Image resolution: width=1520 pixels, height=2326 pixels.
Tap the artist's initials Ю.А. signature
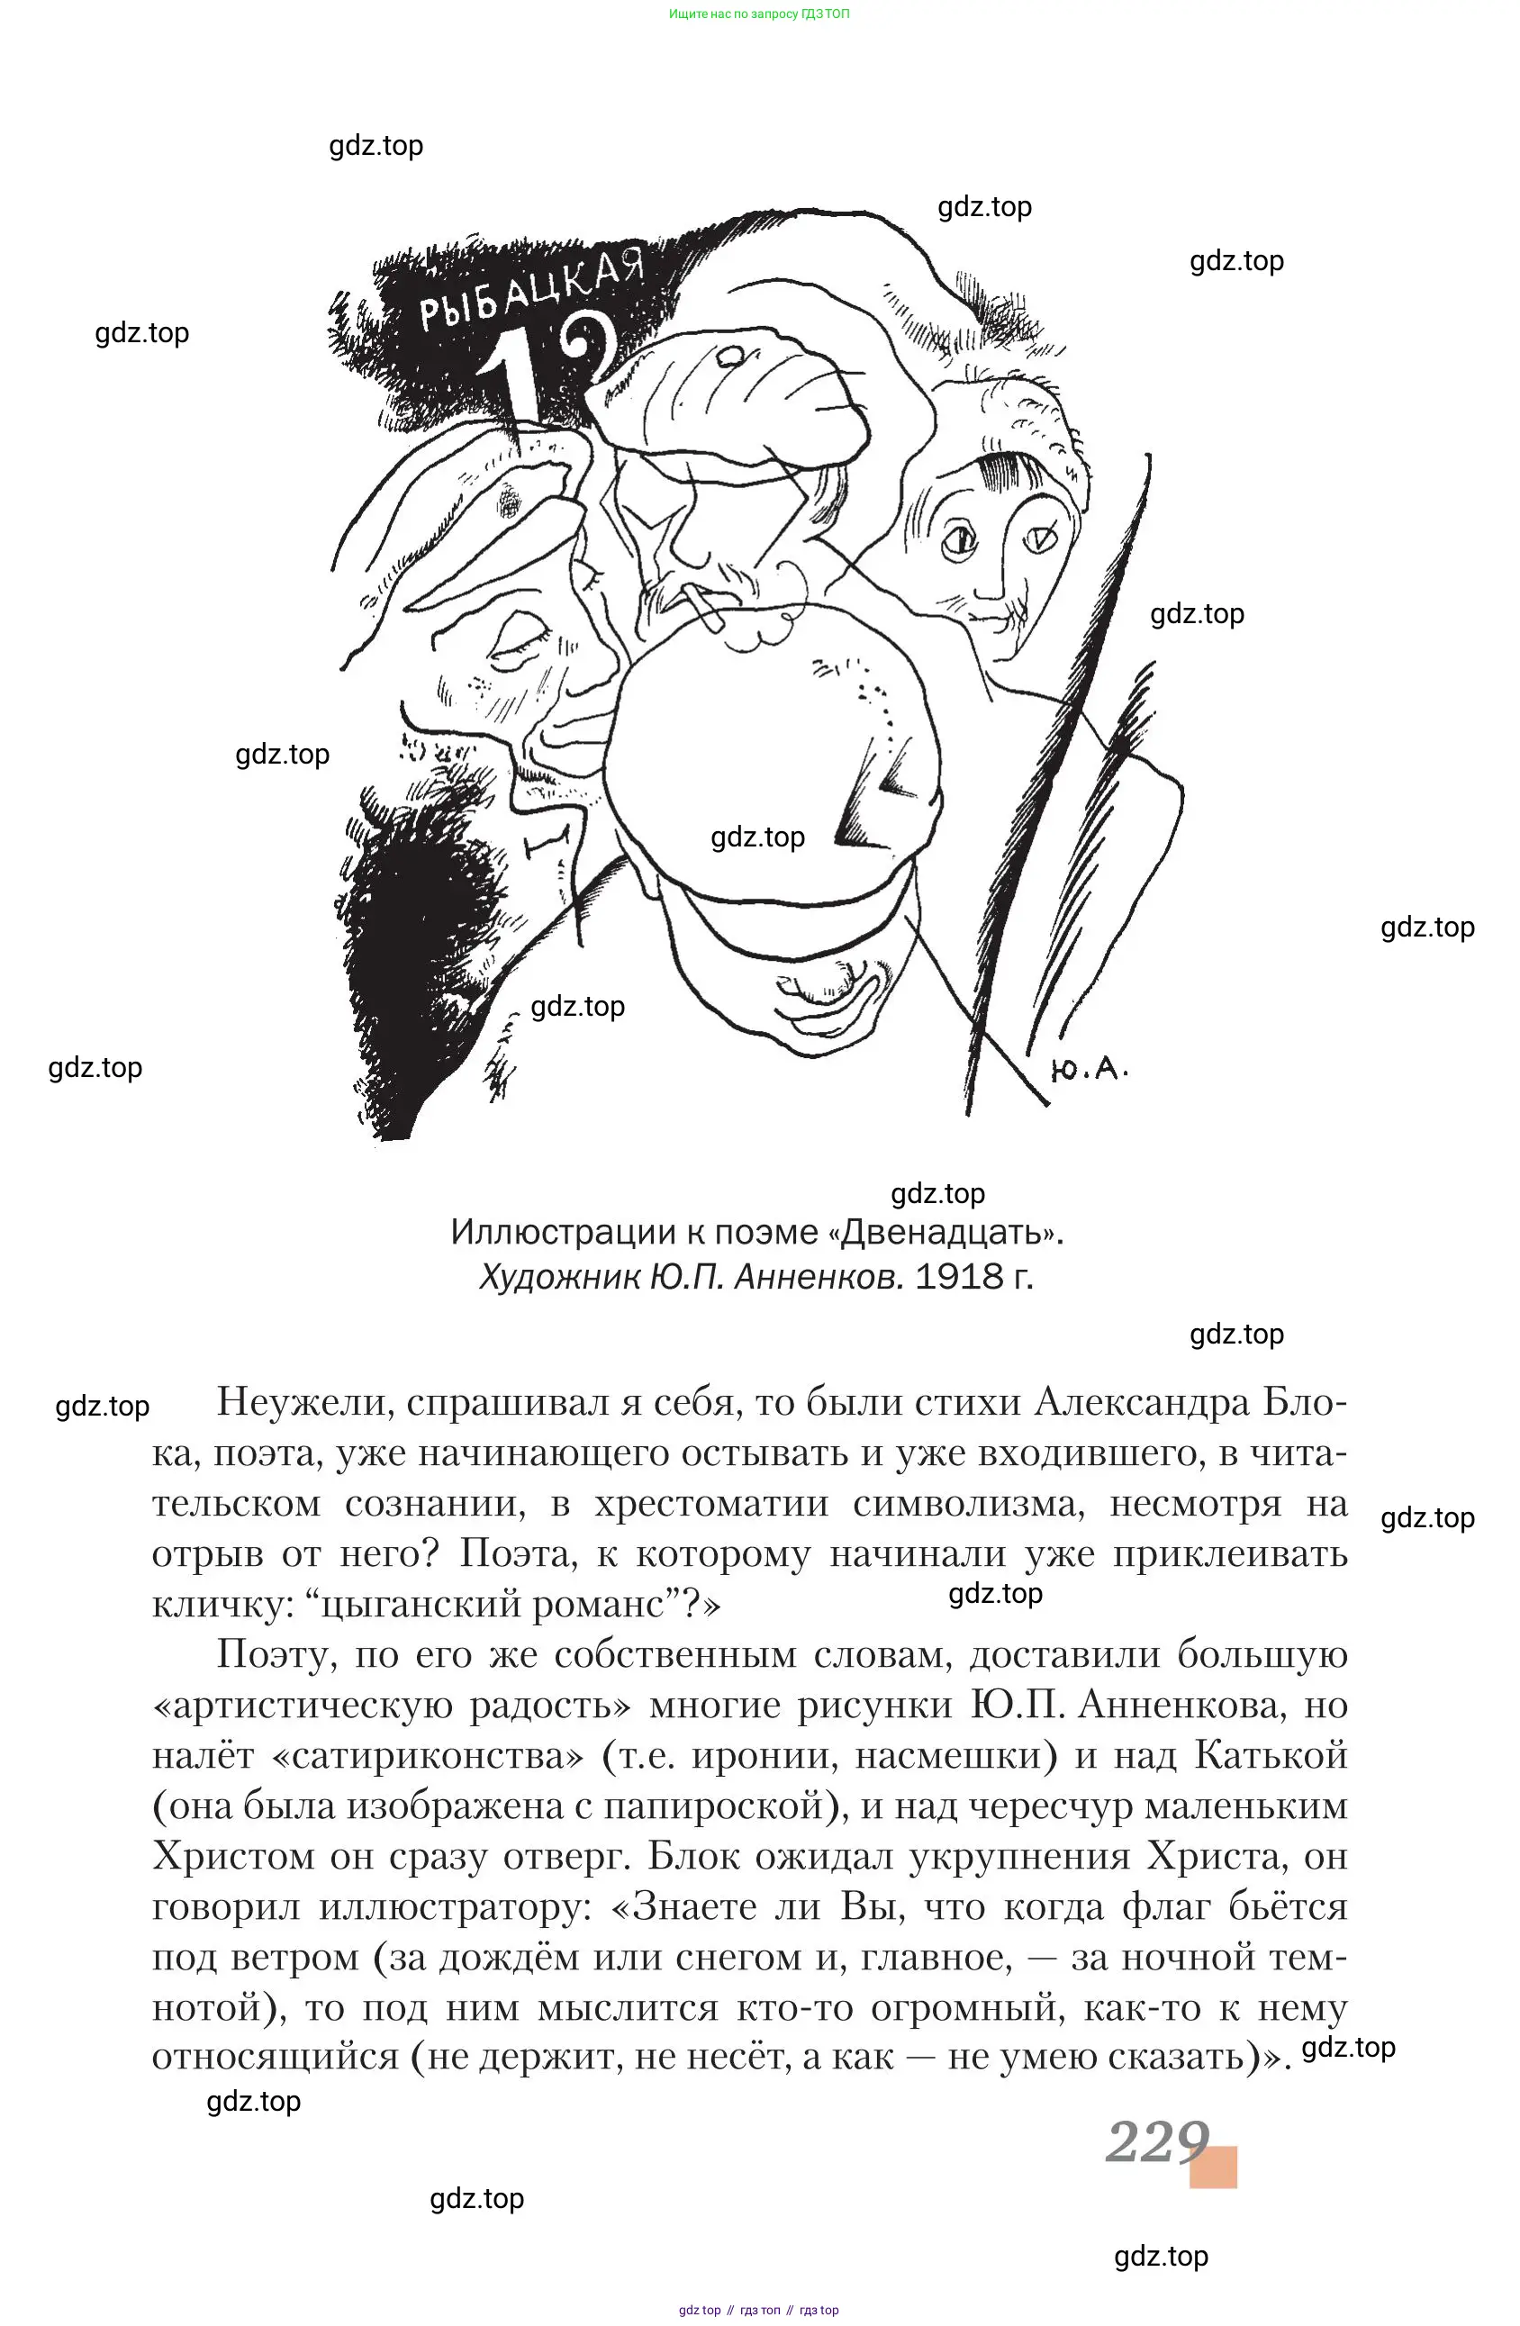pyautogui.click(x=1088, y=1069)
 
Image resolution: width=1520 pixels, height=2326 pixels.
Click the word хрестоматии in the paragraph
pyautogui.click(x=710, y=1503)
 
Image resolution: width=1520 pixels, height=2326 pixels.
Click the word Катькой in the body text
pyautogui.click(x=1271, y=1756)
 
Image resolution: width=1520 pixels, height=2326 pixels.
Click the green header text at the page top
pyautogui.click(x=758, y=14)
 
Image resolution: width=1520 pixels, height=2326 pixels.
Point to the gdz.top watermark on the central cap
pyautogui.click(x=757, y=837)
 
